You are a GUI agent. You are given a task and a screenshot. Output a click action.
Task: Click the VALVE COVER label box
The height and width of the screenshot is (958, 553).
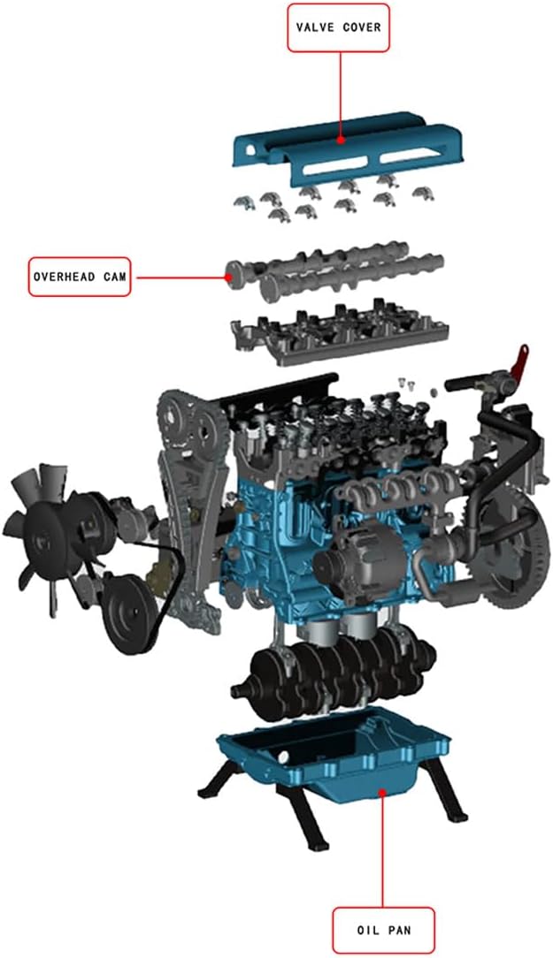click(338, 27)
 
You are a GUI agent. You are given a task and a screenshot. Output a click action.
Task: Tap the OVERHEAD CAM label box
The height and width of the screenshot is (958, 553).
click(81, 277)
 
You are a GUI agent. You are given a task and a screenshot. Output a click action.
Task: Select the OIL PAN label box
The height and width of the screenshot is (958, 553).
click(383, 931)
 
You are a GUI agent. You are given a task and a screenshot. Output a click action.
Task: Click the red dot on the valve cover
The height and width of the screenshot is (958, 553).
click(341, 140)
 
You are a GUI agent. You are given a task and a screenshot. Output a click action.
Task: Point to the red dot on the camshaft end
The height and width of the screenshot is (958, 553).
click(227, 277)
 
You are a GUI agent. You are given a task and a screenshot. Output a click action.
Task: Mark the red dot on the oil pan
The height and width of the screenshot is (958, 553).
click(383, 793)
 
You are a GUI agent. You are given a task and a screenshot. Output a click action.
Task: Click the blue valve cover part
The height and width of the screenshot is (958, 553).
click(348, 148)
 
